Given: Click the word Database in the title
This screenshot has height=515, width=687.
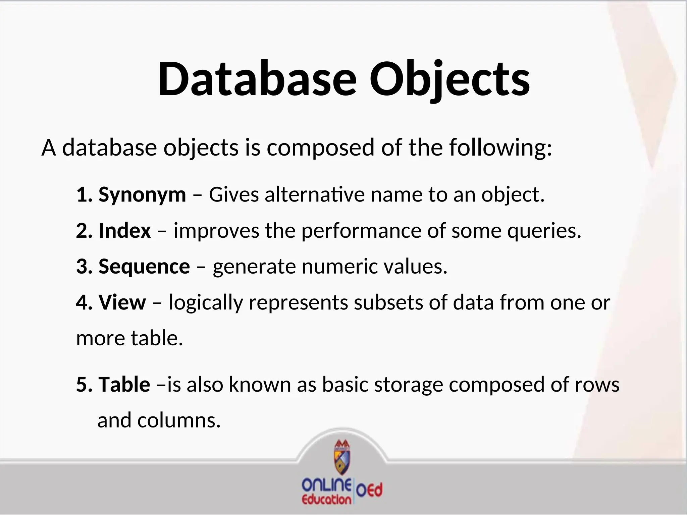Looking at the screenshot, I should pyautogui.click(x=257, y=79).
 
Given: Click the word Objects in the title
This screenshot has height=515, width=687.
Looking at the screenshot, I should pyautogui.click(x=450, y=79).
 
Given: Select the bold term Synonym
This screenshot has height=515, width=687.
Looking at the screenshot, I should pyautogui.click(x=142, y=194).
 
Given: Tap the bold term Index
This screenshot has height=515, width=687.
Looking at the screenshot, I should pyautogui.click(x=124, y=231).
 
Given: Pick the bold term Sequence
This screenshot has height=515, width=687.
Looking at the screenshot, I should pyautogui.click(x=144, y=267).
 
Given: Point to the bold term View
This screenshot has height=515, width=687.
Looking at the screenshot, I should pyautogui.click(x=122, y=302).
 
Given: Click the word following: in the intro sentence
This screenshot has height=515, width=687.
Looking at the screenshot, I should pyautogui.click(x=500, y=148).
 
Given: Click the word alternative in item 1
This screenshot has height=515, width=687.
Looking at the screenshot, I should pyautogui.click(x=314, y=194).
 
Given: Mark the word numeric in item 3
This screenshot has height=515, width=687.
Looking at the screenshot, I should pyautogui.click(x=339, y=267).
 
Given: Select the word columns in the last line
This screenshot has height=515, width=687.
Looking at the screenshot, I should pyautogui.click(x=179, y=420).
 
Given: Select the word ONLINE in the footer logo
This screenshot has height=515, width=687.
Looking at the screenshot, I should pyautogui.click(x=326, y=485).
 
